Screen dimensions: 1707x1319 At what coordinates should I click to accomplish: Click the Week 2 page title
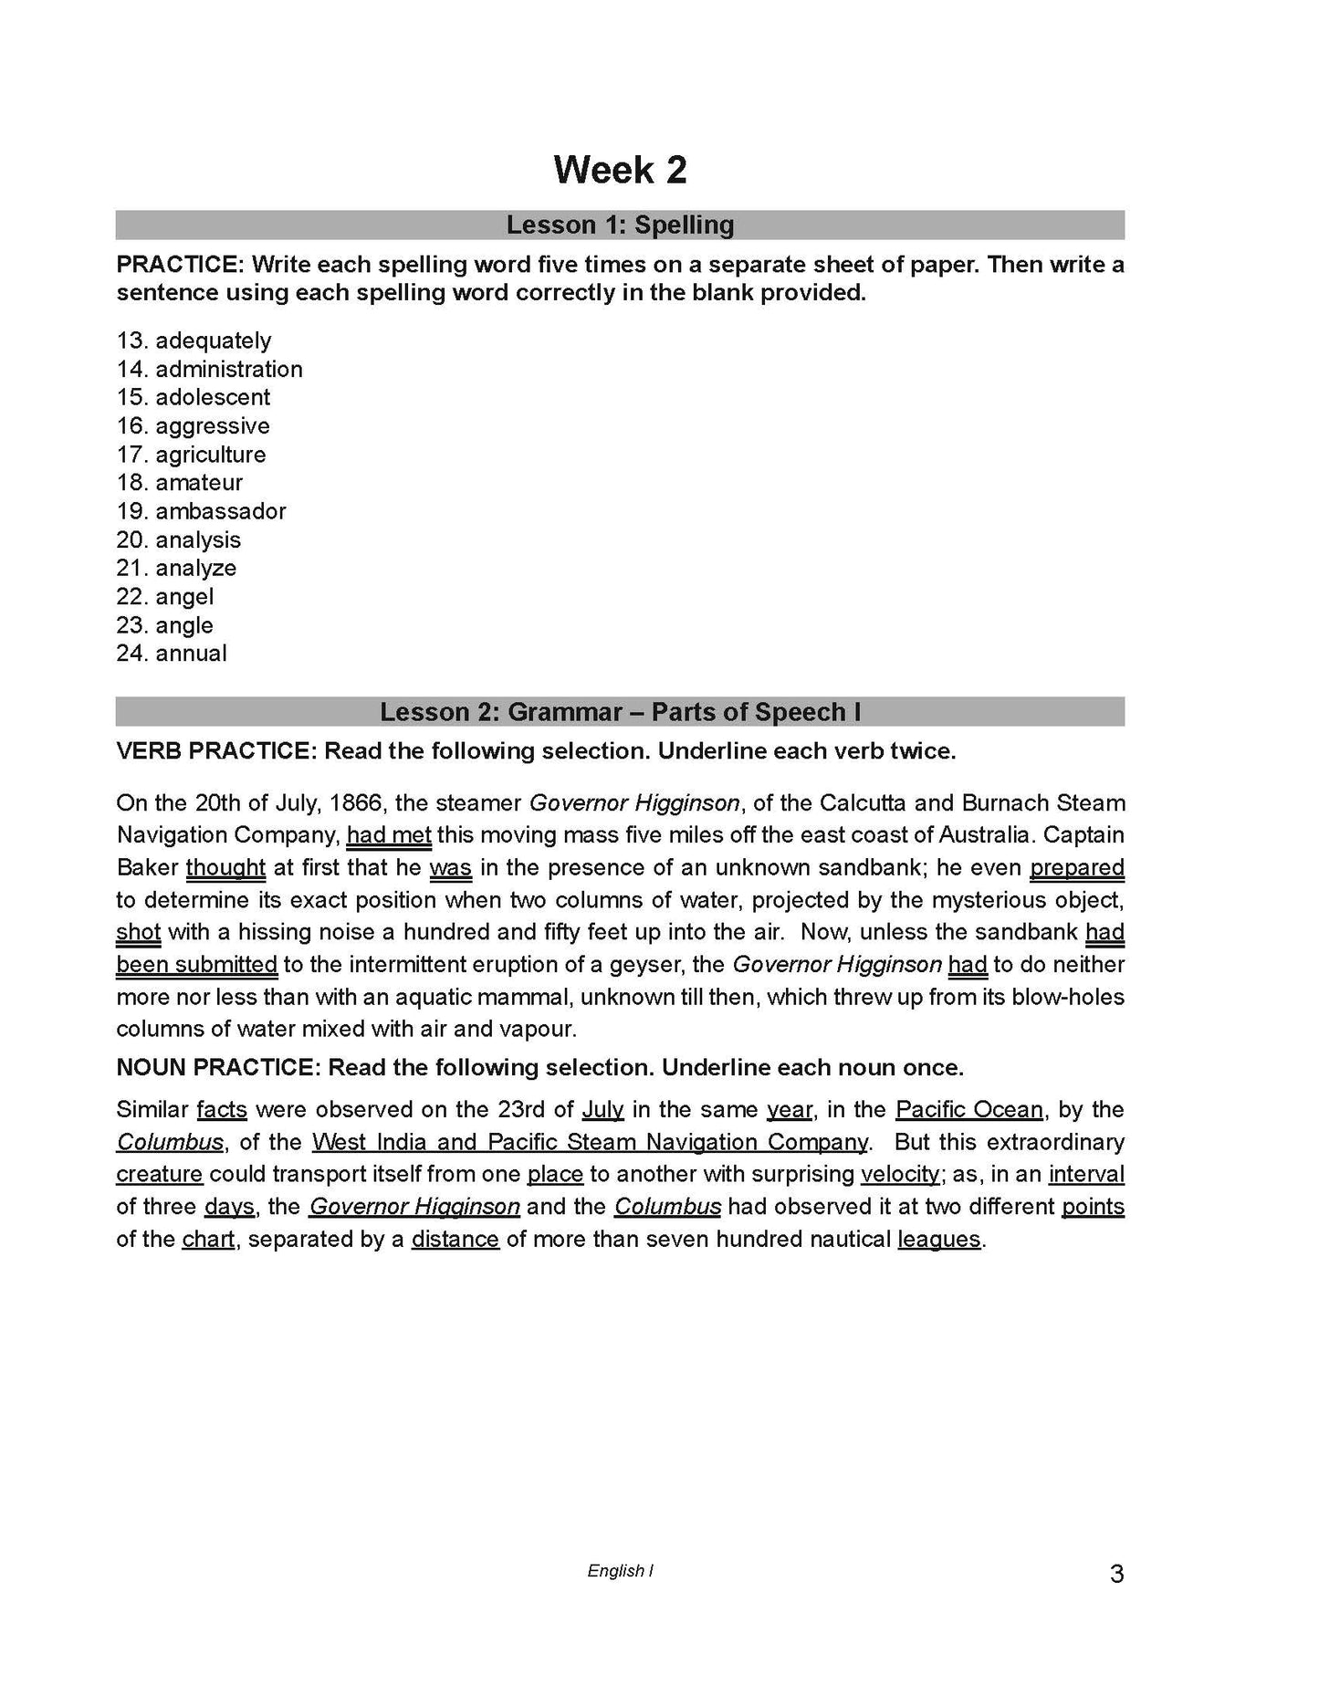pos(620,171)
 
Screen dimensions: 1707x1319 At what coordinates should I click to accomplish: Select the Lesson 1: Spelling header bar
pos(620,225)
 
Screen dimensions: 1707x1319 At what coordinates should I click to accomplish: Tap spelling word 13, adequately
pos(213,340)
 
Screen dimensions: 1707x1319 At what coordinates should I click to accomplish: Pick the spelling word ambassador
pos(220,511)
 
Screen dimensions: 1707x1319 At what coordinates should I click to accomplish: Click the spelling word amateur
pos(199,483)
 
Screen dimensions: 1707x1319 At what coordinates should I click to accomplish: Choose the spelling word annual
pos(191,654)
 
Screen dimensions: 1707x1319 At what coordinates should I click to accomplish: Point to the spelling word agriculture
pos(211,455)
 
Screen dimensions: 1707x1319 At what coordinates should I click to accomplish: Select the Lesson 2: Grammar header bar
pos(620,712)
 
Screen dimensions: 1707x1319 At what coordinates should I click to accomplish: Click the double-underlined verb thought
pos(225,868)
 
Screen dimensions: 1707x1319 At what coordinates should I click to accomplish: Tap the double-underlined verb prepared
pos(1077,868)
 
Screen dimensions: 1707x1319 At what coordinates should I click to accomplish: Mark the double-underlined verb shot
pos(139,933)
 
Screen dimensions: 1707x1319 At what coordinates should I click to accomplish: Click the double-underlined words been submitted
pos(197,965)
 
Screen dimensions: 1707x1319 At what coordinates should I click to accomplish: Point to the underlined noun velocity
pos(899,1174)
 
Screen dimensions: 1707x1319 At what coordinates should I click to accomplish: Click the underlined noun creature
pos(160,1174)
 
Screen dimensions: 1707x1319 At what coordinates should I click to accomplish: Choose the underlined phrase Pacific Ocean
pos(968,1110)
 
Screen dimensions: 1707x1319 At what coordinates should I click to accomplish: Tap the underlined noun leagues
pos(939,1240)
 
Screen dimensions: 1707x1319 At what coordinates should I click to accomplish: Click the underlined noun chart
pos(208,1240)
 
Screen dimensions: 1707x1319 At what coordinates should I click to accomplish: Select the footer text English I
pos(620,1571)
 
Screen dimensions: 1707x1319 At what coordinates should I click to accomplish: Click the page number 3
pos(1116,1575)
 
